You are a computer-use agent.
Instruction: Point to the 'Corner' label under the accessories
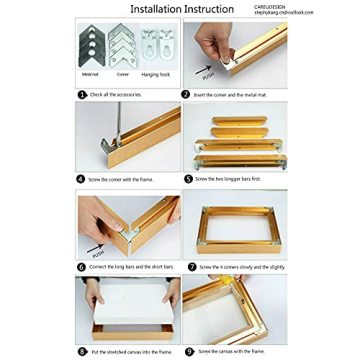pyautogui.click(x=123, y=73)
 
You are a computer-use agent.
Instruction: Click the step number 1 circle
pyautogui.click(x=82, y=94)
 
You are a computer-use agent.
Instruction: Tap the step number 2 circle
pyautogui.click(x=187, y=94)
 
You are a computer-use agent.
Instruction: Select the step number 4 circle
pyautogui.click(x=82, y=179)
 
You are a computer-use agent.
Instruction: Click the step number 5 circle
pyautogui.click(x=187, y=179)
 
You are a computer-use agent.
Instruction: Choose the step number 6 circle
pyautogui.click(x=82, y=267)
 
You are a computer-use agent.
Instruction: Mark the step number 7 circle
pyautogui.click(x=187, y=267)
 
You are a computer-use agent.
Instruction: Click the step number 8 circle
pyautogui.click(x=82, y=352)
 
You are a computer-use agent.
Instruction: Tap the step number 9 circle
pyautogui.click(x=187, y=352)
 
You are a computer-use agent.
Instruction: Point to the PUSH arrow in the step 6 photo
pyautogui.click(x=96, y=247)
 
